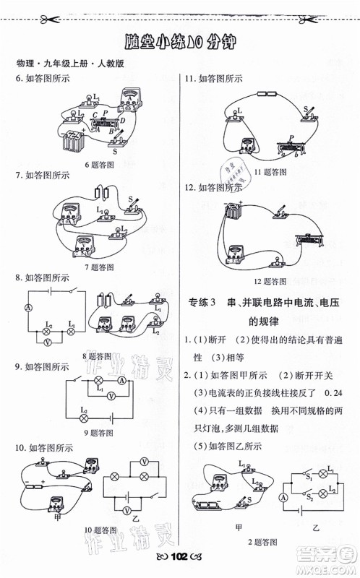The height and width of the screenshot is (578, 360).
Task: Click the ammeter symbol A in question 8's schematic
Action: click(28, 307)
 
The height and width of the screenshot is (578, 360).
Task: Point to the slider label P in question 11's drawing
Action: click(291, 137)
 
